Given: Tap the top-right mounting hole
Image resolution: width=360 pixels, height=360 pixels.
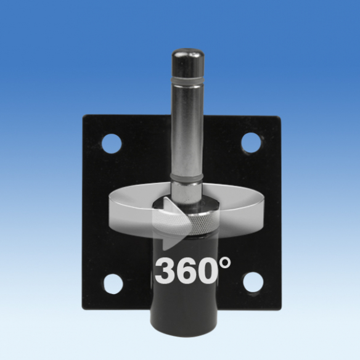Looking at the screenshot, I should pyautogui.click(x=250, y=142).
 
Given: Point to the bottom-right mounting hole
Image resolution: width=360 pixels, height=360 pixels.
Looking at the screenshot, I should pyautogui.click(x=251, y=282).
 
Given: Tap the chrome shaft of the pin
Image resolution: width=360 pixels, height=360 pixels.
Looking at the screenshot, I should pyautogui.click(x=189, y=129).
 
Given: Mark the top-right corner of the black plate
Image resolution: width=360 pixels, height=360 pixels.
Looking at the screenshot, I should pyautogui.click(x=279, y=117).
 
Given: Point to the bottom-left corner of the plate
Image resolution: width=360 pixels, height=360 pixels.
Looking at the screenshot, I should pyautogui.click(x=85, y=311).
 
